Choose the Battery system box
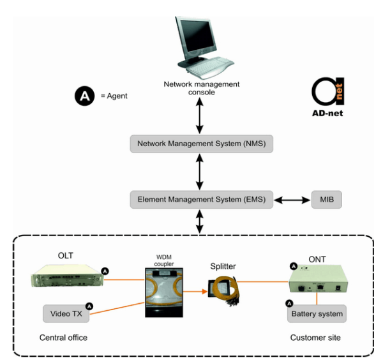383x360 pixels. tap(317, 313)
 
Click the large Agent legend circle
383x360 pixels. tap(85, 96)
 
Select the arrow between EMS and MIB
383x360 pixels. tap(294, 200)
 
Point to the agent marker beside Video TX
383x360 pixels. tap(90, 306)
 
